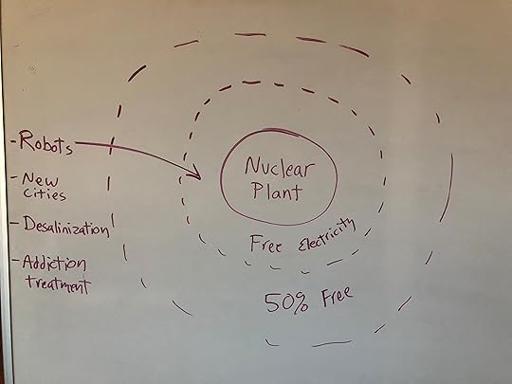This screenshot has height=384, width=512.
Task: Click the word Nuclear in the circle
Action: point(280,168)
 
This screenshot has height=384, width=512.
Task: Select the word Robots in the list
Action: point(46,142)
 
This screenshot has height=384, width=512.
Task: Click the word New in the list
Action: point(40,179)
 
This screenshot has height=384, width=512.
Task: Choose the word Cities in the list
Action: point(45,193)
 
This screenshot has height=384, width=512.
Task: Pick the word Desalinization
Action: point(66,226)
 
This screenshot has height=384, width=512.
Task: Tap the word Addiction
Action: point(54,263)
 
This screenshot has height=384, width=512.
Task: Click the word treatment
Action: point(58,284)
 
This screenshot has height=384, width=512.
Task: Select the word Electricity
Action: point(326,235)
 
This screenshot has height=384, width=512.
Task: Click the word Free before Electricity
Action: point(265,245)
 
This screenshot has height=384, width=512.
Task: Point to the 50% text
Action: point(286,303)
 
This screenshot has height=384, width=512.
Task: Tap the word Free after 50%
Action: point(337,297)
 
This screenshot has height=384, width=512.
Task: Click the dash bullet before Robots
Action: point(13,141)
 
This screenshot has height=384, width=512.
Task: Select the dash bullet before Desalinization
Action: point(14,224)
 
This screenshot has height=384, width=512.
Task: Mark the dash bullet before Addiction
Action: point(16,260)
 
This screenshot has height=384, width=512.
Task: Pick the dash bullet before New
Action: point(13,177)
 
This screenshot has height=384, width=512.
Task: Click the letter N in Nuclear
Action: point(253,165)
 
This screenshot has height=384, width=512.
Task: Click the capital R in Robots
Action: point(27,139)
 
